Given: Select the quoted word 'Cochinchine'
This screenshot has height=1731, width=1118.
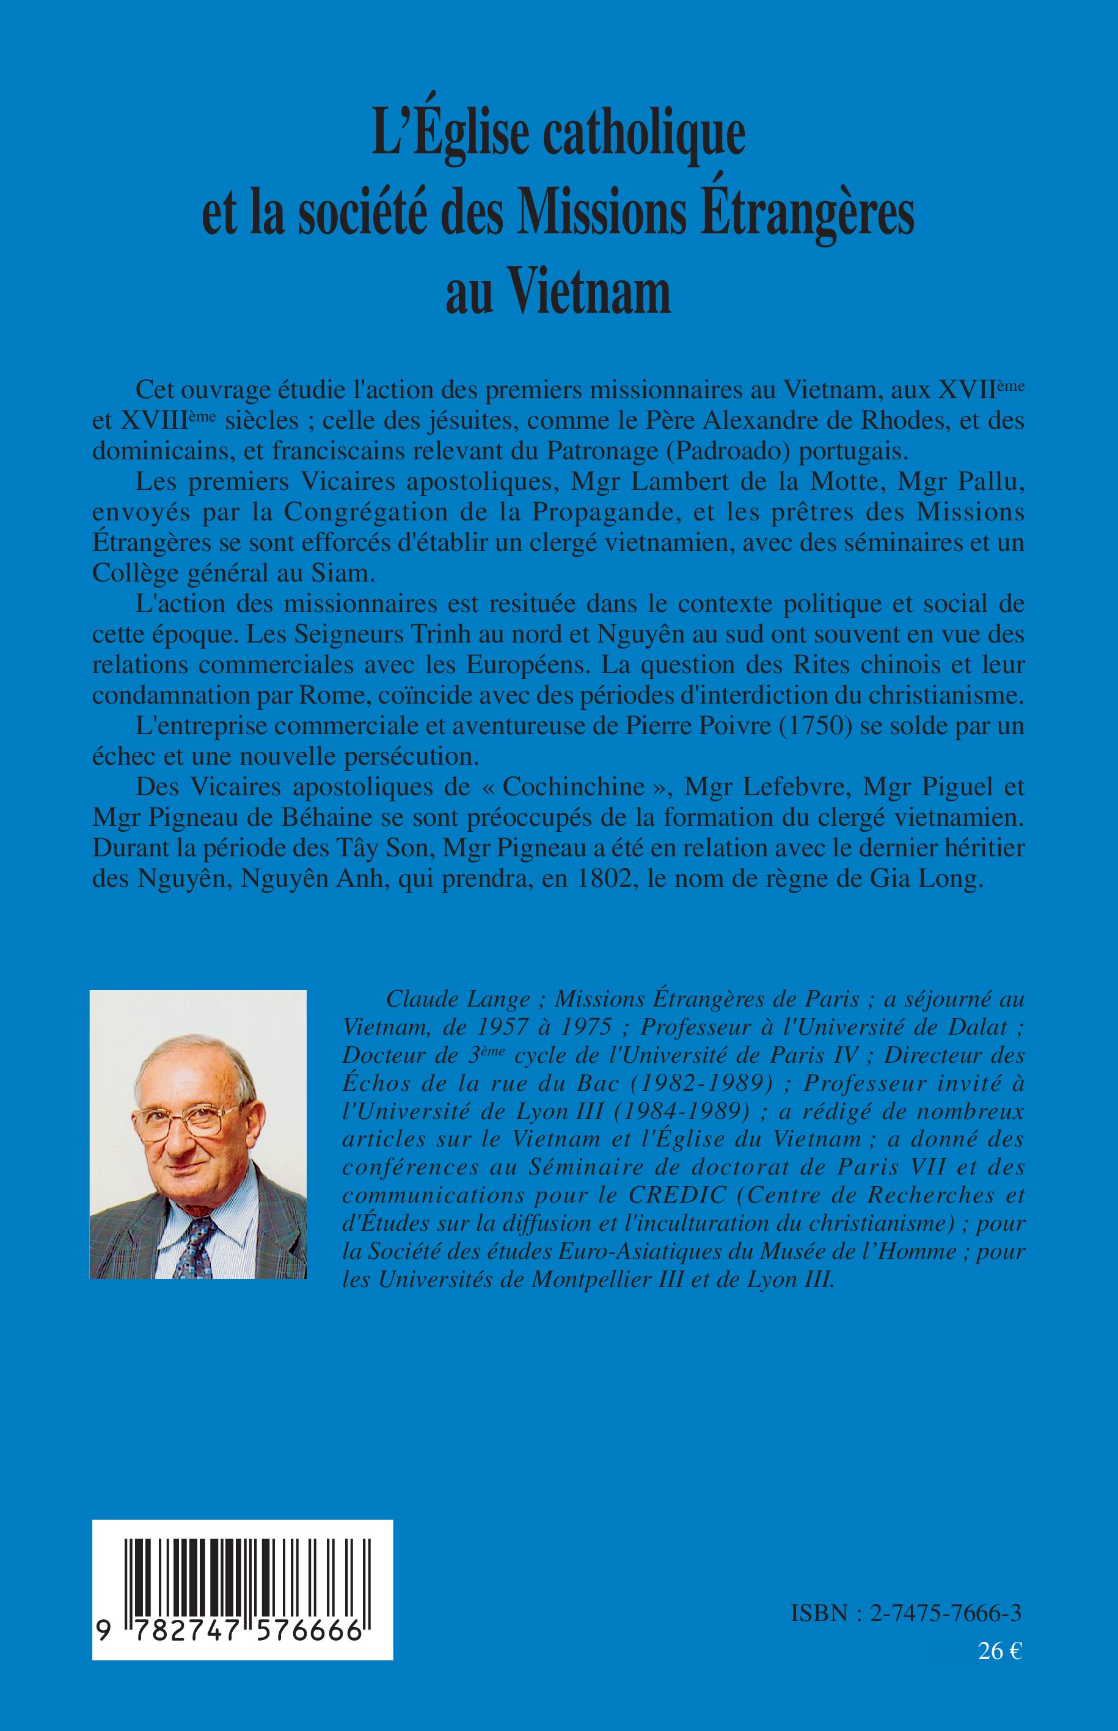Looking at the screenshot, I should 574,787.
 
